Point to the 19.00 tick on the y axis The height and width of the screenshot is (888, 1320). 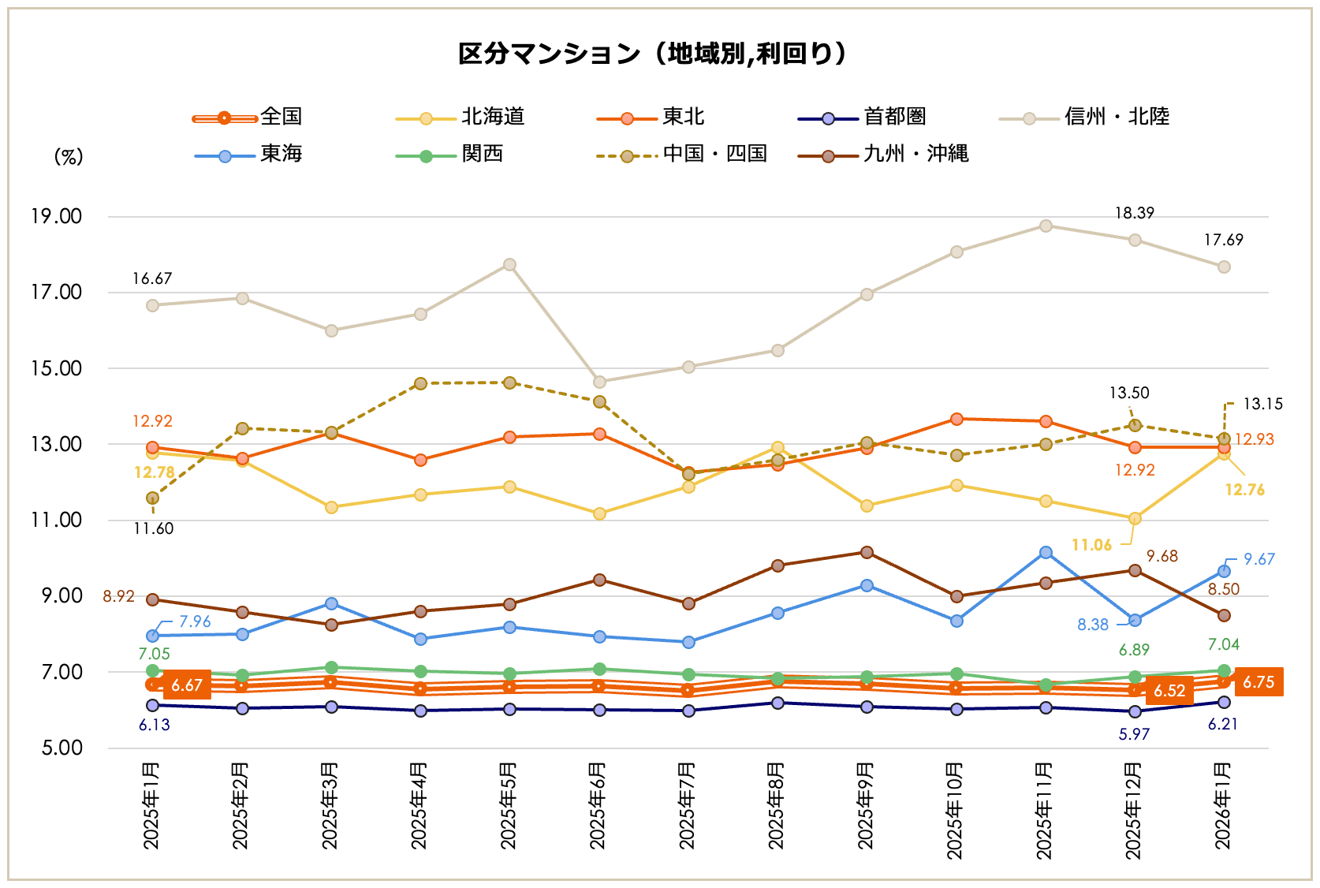point(57,217)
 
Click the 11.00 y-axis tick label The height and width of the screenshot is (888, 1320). point(57,520)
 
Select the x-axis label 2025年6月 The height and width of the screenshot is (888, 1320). point(598,805)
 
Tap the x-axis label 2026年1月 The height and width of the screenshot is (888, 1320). point(1223,805)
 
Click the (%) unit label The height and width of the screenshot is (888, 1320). point(69,157)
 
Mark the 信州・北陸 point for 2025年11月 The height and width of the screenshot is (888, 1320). point(1046,226)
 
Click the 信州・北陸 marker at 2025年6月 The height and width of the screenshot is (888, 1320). point(599,382)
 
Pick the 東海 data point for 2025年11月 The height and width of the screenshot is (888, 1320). point(1046,553)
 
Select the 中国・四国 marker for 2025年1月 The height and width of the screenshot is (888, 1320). point(153,498)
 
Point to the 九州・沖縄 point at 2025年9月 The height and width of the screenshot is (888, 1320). point(867,553)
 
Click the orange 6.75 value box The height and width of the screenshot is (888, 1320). point(1258,682)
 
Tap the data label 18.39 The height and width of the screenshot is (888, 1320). point(1134,214)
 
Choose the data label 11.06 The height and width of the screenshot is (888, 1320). point(1091,546)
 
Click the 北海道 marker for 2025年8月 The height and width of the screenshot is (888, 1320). point(777,448)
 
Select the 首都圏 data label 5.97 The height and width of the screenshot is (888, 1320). point(1134,735)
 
